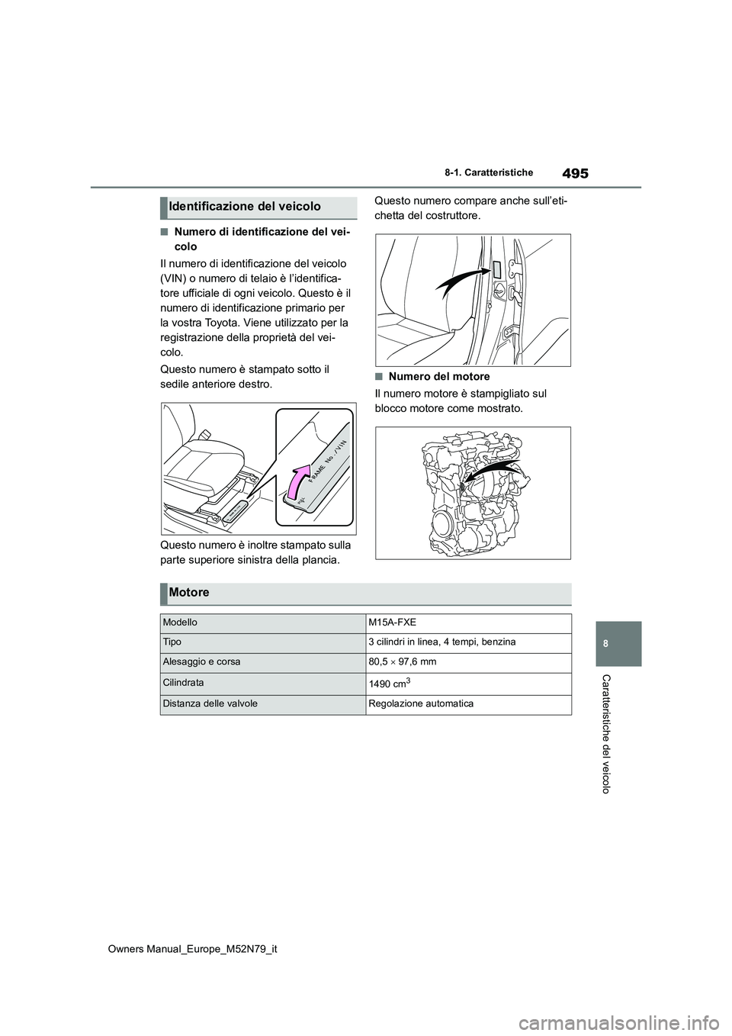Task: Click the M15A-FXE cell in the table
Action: click(392, 623)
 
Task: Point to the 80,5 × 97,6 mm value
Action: click(402, 662)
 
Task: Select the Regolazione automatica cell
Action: click(421, 703)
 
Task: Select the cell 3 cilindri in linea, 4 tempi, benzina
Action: click(441, 642)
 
